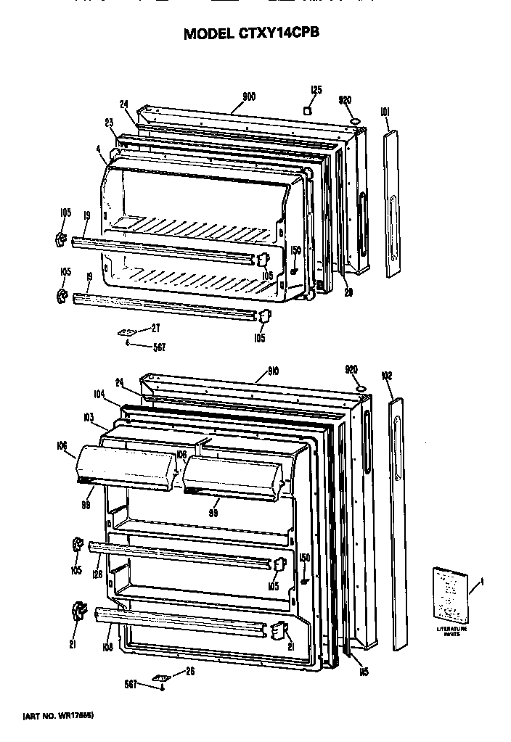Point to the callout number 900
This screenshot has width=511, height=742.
[248, 96]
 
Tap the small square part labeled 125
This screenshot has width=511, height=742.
[308, 110]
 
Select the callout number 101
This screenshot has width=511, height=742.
[385, 112]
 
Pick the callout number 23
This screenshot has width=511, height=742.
[110, 123]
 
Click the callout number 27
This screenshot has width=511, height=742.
[155, 328]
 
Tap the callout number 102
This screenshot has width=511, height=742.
[386, 376]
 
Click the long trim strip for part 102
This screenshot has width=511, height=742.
[401, 522]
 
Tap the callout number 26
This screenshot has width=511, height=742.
[191, 670]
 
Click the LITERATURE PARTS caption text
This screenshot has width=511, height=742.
[451, 630]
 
